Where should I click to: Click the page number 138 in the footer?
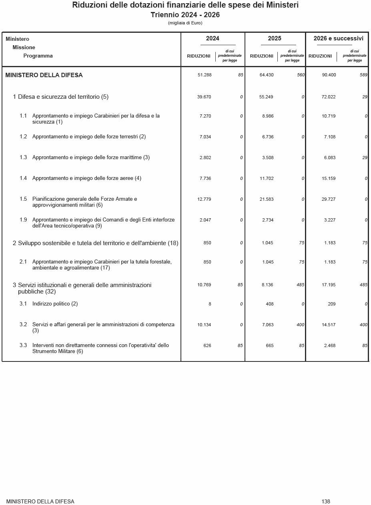[326, 501]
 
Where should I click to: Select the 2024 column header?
[213, 39]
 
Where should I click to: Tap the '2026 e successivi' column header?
[338, 39]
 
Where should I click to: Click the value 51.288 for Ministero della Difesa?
[205, 75]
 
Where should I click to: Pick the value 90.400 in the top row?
[329, 75]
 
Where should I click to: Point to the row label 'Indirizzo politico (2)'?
[55, 304]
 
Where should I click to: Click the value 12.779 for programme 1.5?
[204, 199]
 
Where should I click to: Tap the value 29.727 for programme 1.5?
[329, 199]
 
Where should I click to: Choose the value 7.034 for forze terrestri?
[205, 137]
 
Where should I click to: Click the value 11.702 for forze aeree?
[267, 178]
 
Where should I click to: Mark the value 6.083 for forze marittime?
[330, 158]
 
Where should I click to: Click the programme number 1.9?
[23, 220]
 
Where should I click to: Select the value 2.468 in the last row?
[330, 345]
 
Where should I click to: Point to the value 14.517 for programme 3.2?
[329, 325]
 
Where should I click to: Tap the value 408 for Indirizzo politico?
[270, 304]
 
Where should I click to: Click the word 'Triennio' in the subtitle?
[165, 15]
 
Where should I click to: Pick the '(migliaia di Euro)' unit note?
[185, 23]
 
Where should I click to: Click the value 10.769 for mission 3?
[204, 285]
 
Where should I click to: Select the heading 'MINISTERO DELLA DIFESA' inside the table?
[44, 75]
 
